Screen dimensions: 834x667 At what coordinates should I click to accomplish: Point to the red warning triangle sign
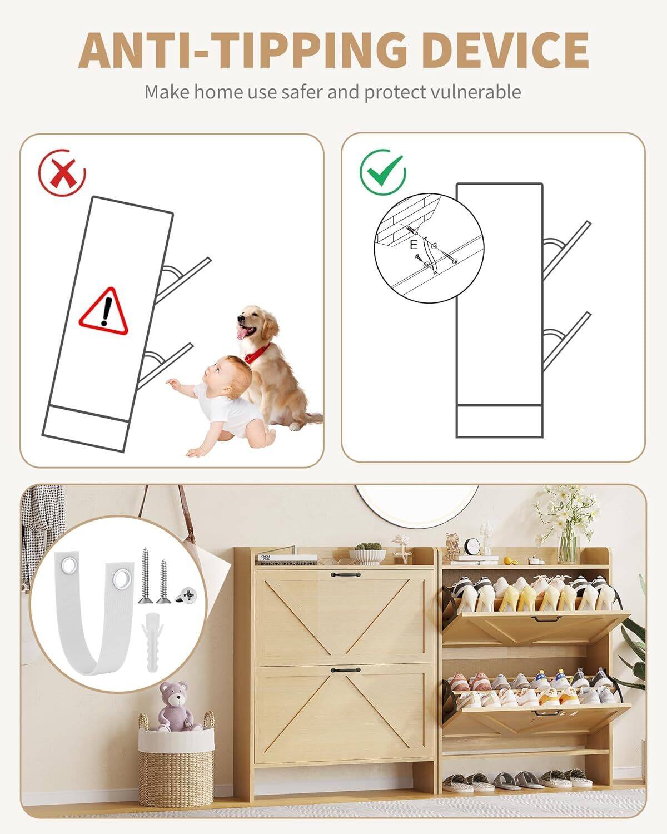click(104, 311)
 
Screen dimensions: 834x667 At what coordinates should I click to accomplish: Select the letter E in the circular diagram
click(413, 245)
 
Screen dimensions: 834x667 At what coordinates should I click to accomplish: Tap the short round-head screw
click(187, 596)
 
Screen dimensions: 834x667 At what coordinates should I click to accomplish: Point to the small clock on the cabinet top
click(473, 546)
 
